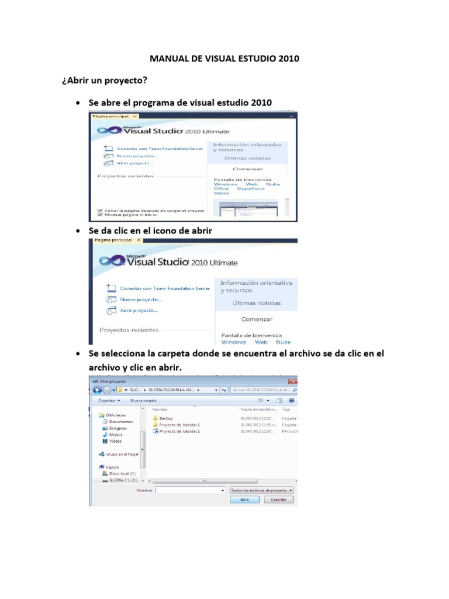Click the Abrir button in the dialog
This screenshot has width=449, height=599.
(245, 500)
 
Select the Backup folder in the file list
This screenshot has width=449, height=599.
(165, 418)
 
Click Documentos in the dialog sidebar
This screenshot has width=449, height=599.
(120, 421)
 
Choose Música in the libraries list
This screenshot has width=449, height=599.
(116, 435)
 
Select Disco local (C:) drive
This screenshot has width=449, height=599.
(119, 473)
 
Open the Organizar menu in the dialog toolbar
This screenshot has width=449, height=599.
(109, 401)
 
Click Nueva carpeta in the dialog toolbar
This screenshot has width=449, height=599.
(143, 401)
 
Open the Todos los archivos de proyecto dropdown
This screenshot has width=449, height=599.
(261, 490)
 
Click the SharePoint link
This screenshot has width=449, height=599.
(250, 189)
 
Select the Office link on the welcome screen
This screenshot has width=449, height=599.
(222, 189)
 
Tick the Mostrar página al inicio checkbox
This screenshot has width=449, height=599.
(100, 215)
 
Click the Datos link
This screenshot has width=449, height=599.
(222, 194)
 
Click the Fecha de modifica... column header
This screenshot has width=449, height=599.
(257, 409)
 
